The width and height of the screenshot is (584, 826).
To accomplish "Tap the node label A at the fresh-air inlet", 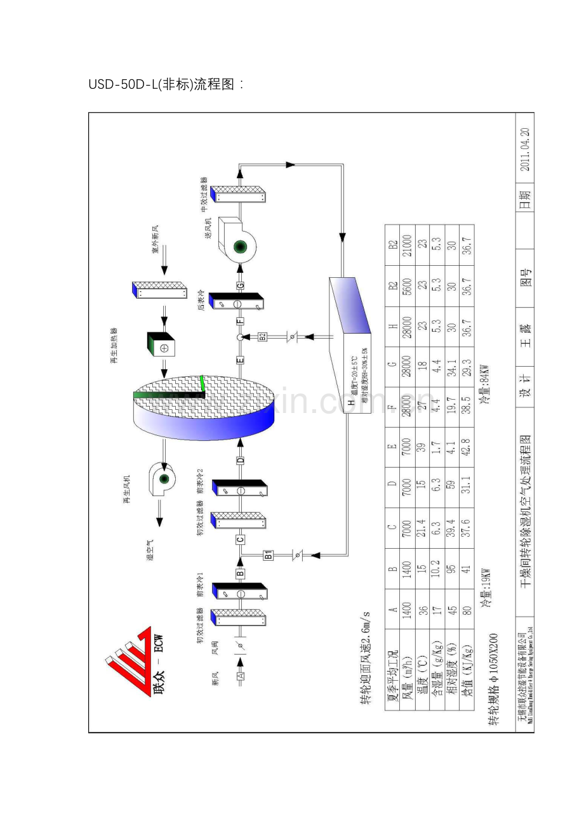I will tap(241, 676).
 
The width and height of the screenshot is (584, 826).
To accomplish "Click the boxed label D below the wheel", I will tap(241, 460).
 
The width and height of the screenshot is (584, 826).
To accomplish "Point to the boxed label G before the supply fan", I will tap(240, 285).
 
